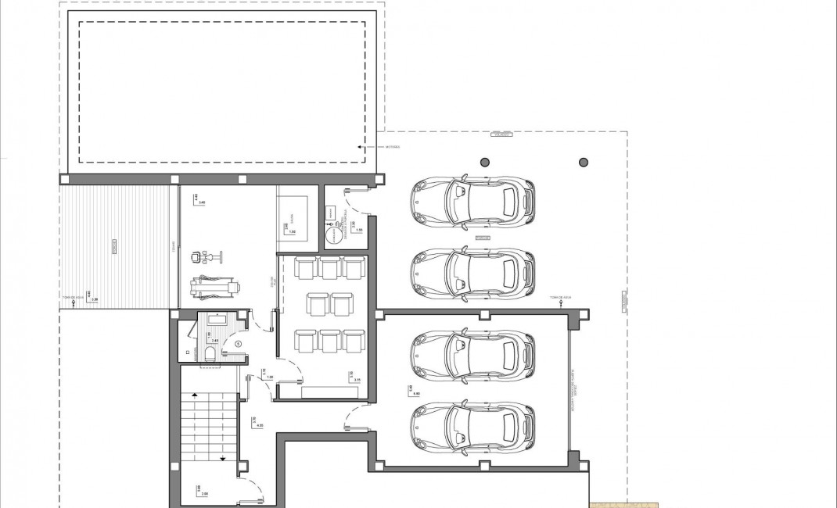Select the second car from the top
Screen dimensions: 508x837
(472, 273)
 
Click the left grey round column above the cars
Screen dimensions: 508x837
(485, 163)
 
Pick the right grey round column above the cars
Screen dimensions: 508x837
(584, 163)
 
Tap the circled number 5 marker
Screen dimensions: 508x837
(239, 343)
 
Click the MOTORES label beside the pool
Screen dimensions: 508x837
(392, 146)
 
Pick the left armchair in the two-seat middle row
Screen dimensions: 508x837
(318, 303)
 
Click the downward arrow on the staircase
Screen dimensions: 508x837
(223, 459)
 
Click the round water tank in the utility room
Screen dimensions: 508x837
(335, 232)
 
